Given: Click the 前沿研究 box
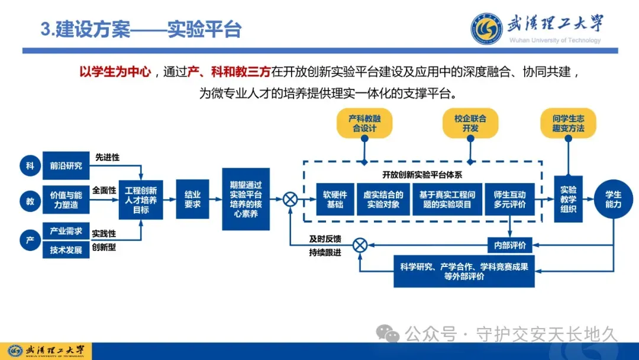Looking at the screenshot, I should point(66,166).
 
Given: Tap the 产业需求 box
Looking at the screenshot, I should point(66,231).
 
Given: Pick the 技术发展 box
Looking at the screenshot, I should point(66,250).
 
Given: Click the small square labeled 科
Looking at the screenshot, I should point(30,166).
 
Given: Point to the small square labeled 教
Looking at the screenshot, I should point(30,201).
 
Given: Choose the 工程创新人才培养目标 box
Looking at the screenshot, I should point(141,200).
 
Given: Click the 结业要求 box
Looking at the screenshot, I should point(193,199).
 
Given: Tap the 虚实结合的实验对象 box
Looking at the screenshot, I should point(383,199).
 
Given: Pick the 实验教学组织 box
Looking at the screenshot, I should point(568,199).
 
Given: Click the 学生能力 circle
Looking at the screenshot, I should point(613,199).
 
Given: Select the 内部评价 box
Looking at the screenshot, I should point(509,244).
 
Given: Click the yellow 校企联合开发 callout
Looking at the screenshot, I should point(470,123).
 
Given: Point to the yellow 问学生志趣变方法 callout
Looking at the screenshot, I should point(568,123).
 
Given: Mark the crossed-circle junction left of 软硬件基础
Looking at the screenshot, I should point(290,199).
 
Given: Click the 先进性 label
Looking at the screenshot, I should point(107,157).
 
